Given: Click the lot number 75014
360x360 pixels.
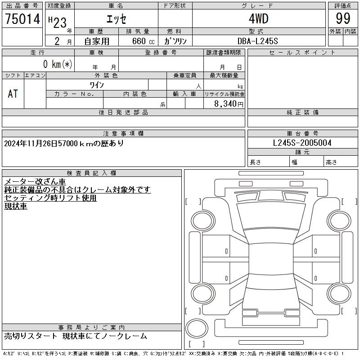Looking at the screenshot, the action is coord(22,18).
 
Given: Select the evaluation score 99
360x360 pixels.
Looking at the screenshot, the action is coord(343,18).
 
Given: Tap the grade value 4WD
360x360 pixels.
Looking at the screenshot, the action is coord(258,18).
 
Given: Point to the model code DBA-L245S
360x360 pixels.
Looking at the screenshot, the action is coord(257,41).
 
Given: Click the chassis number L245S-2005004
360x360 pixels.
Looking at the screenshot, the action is coord(302,143).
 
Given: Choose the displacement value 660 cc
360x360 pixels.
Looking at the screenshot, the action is coord(143,41).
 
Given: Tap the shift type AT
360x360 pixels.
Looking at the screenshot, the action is coord(13,94).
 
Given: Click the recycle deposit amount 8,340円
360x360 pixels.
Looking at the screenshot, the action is coord(229,104).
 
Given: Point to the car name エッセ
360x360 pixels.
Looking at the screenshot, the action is coord(116,19).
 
